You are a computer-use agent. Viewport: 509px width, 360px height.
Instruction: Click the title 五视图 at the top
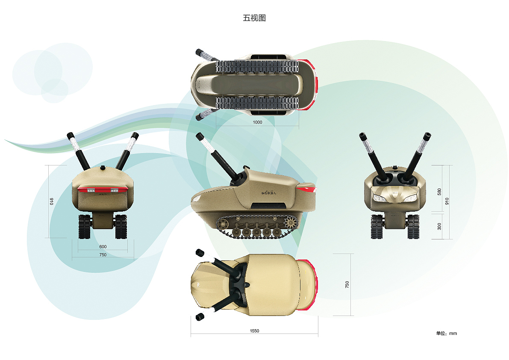(254, 18)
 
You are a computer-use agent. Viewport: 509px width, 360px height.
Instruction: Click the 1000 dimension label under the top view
(257, 122)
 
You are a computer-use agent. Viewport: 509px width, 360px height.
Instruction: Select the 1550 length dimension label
(254, 330)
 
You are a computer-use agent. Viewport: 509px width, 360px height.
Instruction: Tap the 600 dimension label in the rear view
(103, 246)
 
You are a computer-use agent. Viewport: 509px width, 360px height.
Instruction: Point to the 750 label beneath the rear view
(103, 255)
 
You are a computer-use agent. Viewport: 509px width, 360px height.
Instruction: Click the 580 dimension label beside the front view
(440, 192)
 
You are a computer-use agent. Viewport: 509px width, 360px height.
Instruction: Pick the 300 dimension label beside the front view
(440, 226)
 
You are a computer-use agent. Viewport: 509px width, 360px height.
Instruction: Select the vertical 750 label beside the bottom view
(347, 285)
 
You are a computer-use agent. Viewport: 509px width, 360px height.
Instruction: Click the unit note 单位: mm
(446, 333)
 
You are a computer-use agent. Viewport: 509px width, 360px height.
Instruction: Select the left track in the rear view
(85, 226)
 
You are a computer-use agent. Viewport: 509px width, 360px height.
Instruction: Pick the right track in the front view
(413, 226)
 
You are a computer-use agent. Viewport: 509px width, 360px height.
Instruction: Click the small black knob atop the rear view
(103, 167)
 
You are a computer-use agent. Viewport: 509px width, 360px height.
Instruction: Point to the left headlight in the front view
(378, 198)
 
